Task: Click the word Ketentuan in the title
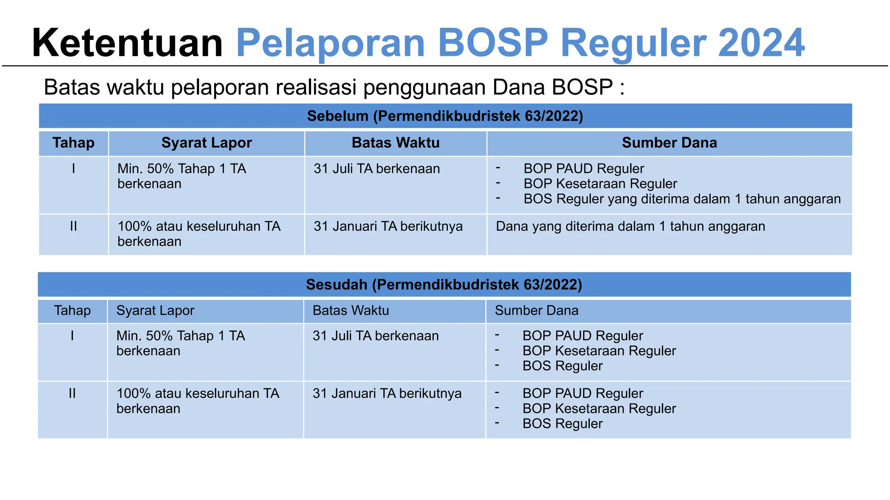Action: tap(127, 43)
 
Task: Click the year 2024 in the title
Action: tap(761, 43)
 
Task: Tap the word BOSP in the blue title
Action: tap(493, 43)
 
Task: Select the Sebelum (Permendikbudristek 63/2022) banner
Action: tap(445, 116)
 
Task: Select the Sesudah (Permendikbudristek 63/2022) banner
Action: tap(444, 285)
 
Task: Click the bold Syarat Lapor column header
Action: tap(206, 143)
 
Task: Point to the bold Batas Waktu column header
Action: tap(395, 143)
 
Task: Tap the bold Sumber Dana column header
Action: tap(669, 143)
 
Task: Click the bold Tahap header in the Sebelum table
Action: tap(73, 143)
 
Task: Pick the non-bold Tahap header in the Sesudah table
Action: tap(72, 311)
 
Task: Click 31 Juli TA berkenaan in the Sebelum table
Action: tap(377, 169)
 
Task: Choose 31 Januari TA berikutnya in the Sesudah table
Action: tap(387, 394)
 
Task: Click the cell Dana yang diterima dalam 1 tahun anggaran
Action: tap(630, 227)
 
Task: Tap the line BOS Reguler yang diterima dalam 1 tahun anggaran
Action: tap(682, 199)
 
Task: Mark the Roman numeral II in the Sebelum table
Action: tap(73, 227)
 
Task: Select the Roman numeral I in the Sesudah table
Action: tap(72, 336)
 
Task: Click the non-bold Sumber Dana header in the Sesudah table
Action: tap(536, 311)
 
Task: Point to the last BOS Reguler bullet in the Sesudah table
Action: tap(562, 424)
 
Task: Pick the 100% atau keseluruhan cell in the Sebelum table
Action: tap(199, 234)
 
